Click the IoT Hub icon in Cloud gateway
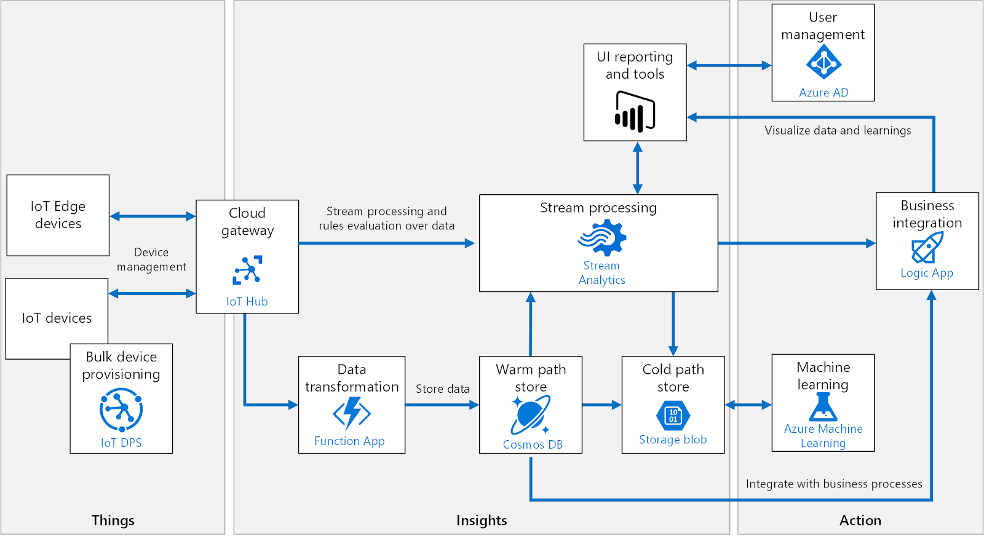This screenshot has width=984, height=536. tap(247, 270)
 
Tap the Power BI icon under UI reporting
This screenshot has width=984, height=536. tap(635, 112)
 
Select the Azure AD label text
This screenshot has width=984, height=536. tap(823, 93)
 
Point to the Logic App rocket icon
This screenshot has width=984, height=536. tap(927, 247)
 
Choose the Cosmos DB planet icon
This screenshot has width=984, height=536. tap(530, 415)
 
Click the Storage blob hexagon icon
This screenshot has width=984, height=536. tap(673, 416)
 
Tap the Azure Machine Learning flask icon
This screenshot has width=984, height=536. tap(823, 406)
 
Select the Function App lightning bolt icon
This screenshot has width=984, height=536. tap(352, 413)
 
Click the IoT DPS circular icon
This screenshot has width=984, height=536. tap(121, 410)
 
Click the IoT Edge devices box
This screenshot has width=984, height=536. tap(58, 215)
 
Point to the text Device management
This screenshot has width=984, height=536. tap(151, 259)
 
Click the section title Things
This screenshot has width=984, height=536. tap(113, 520)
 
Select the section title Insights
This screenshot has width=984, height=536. tap(482, 520)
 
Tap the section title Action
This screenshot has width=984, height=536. tap(860, 520)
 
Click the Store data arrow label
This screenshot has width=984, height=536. tap(442, 389)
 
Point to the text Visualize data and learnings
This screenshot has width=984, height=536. tap(838, 130)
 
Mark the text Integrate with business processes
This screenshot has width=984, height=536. tap(833, 484)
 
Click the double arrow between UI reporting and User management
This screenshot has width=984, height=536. tap(729, 65)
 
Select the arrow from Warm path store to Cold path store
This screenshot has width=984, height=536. tap(601, 405)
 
